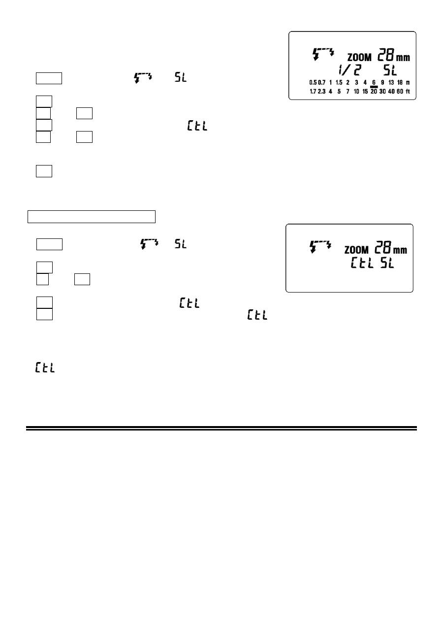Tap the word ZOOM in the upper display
tap(359, 58)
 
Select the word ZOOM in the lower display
tap(356, 250)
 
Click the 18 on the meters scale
tap(400, 82)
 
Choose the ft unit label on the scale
tap(408, 91)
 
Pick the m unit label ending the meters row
tap(408, 82)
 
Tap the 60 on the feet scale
tap(400, 91)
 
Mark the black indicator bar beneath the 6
tap(374, 86)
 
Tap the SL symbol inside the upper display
tap(393, 71)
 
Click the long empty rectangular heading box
tap(92, 217)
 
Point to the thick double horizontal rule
tap(221, 429)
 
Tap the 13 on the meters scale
tap(391, 82)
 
